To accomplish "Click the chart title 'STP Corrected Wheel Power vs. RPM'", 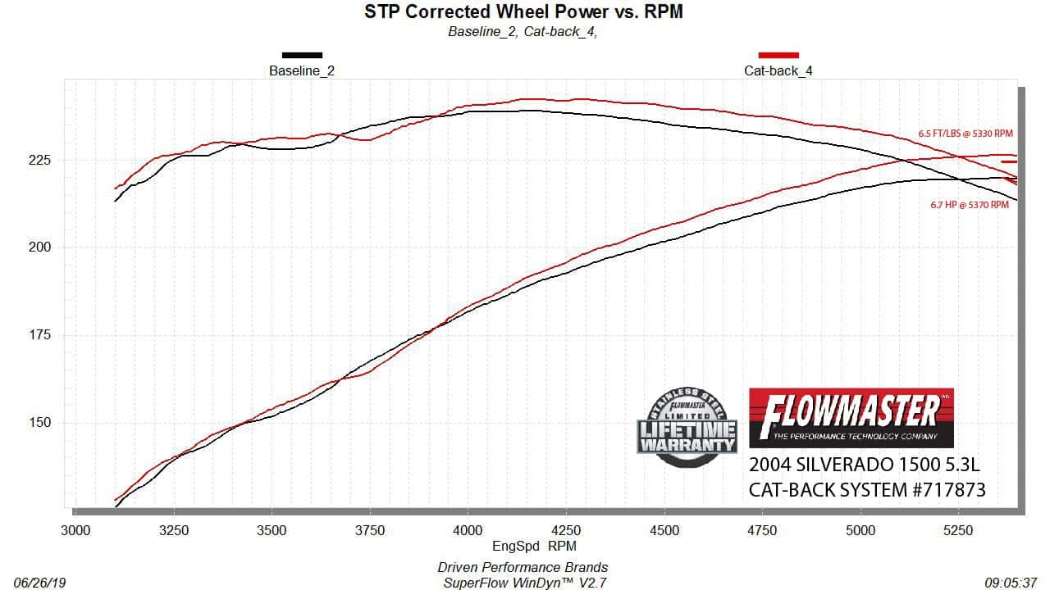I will click(523, 11).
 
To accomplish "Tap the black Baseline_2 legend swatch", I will click(302, 56).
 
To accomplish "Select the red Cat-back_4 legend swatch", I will click(778, 56).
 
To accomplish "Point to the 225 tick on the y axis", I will click(40, 160).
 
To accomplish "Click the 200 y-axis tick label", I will click(40, 247).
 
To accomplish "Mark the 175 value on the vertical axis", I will click(40, 335).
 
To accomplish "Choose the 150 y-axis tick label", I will click(40, 423).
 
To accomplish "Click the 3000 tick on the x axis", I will click(75, 531).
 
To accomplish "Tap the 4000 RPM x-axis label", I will click(468, 531).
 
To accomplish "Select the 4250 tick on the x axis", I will click(566, 531).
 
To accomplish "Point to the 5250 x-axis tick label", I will click(958, 531).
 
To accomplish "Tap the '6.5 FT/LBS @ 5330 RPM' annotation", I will click(966, 133).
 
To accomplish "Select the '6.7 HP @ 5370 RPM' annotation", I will click(970, 205).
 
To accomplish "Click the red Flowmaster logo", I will click(851, 417).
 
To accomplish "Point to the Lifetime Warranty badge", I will click(687, 427).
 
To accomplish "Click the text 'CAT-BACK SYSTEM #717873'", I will click(867, 490).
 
